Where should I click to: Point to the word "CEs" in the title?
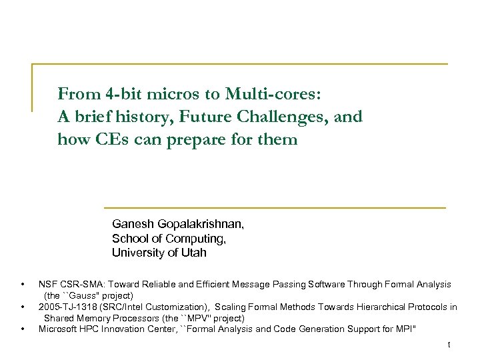point(106,140)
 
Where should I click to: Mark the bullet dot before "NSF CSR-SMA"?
point(23,285)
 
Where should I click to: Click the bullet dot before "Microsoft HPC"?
point(23,329)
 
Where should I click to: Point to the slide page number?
point(449,345)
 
